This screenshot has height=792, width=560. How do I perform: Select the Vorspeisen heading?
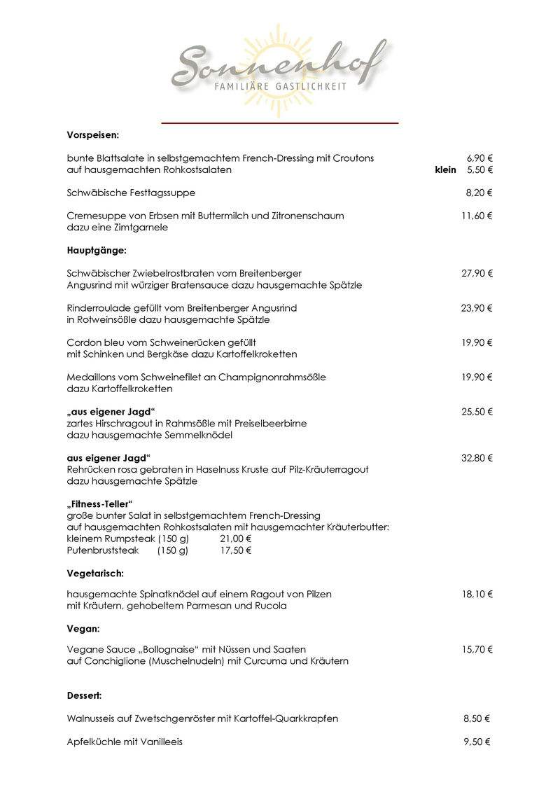tap(93, 134)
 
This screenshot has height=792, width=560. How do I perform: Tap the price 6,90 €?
tap(479, 158)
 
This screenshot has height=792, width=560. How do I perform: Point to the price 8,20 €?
tap(479, 193)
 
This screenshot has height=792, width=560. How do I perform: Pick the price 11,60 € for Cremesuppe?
tap(477, 216)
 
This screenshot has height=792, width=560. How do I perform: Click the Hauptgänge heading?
tap(96, 250)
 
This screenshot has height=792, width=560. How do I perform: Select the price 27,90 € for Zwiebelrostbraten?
tap(477, 273)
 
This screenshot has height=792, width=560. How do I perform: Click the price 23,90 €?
tap(477, 308)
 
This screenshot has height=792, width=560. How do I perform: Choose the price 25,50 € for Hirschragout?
tap(477, 412)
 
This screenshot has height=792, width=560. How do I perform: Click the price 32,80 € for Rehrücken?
tap(477, 458)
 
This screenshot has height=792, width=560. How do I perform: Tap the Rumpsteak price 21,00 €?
tap(235, 539)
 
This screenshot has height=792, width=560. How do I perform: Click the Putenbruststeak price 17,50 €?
tap(235, 550)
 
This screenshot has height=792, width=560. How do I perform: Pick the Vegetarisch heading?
tap(95, 574)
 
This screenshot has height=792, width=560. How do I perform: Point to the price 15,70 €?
tap(477, 650)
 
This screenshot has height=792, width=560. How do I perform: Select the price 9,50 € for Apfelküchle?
tap(477, 742)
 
